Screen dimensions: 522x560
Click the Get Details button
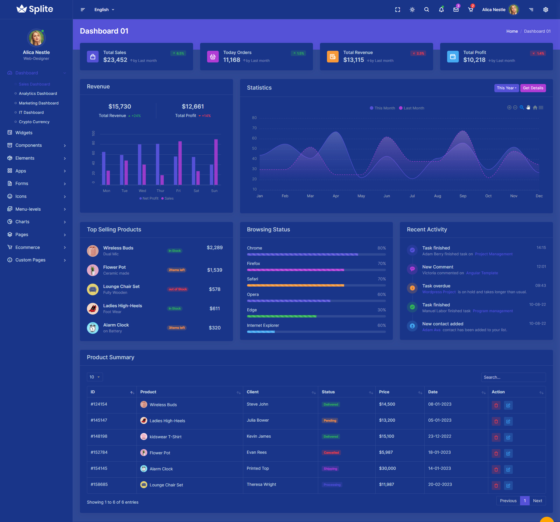[533, 88]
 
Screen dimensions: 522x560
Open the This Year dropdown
[506, 88]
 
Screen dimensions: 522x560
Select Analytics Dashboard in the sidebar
[38, 93]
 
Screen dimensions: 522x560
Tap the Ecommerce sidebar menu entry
[28, 247]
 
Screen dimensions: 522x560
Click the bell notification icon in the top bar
[441, 10]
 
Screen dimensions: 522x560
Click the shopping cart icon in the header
[470, 10]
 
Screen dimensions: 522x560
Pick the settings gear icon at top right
[546, 10]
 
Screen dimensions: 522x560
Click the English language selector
[104, 10]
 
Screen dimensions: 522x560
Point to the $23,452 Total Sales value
[115, 60]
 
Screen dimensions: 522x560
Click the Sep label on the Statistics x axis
[463, 196]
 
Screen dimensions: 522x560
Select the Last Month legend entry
[412, 108]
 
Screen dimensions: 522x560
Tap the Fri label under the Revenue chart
[178, 191]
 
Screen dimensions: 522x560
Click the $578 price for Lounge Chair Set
[215, 289]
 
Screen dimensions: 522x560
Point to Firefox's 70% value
[381, 263]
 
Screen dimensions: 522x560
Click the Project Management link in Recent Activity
[494, 254]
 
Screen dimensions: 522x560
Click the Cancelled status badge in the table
[331, 453]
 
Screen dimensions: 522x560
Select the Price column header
[384, 392]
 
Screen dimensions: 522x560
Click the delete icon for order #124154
[496, 405]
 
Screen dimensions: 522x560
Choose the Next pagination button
[537, 501]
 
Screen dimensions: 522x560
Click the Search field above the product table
[513, 377]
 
